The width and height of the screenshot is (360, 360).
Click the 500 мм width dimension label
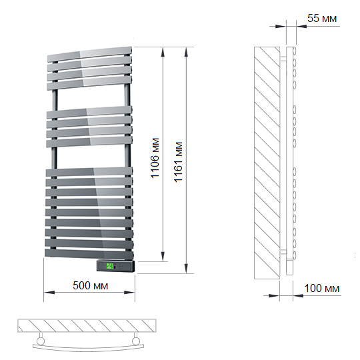[x=90, y=285]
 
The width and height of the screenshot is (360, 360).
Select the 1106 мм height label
[x=155, y=158]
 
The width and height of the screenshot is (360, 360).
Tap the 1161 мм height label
[x=178, y=162]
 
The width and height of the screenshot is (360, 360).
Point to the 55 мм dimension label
[x=322, y=19]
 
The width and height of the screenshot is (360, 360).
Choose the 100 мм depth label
[x=322, y=289]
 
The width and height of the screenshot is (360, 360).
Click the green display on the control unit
[x=109, y=266]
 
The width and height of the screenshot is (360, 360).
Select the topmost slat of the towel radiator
[x=89, y=55]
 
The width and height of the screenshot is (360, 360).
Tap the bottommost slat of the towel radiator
[x=89, y=254]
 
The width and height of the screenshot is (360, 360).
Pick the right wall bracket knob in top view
[x=136, y=341]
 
